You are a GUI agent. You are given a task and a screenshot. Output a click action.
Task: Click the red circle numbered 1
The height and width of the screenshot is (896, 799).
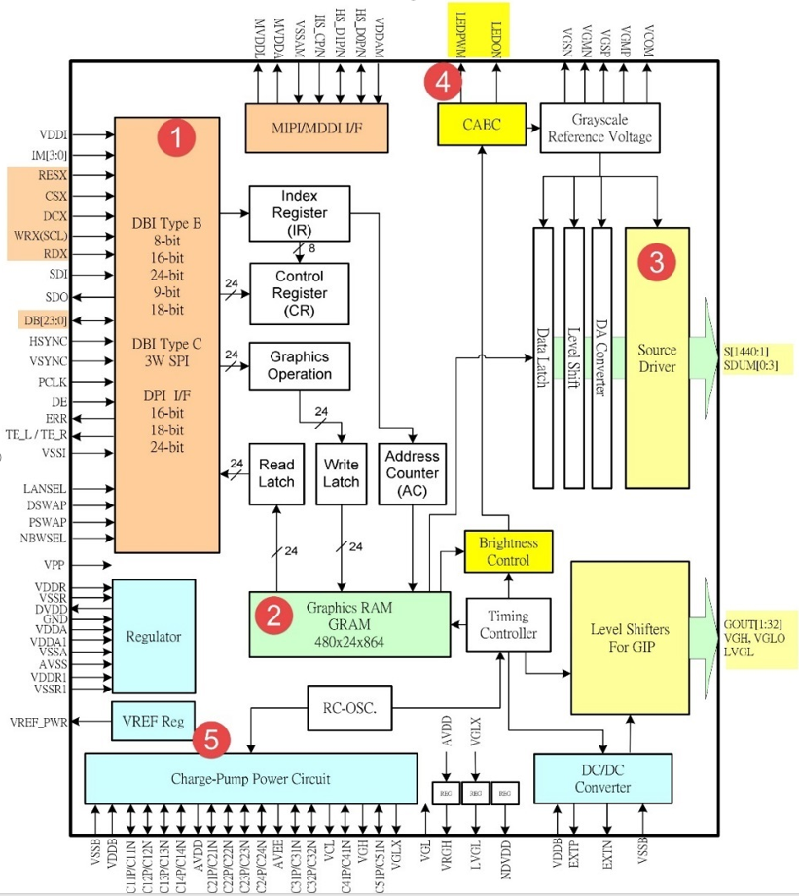click(175, 137)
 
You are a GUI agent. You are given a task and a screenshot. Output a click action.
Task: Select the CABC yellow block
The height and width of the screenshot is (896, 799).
click(482, 125)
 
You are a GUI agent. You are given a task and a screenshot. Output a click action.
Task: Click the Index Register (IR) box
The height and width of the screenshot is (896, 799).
click(299, 212)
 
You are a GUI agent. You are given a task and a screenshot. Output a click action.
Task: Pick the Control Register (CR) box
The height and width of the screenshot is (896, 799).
click(299, 293)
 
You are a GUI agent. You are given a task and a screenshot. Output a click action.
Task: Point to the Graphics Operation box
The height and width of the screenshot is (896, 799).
click(299, 365)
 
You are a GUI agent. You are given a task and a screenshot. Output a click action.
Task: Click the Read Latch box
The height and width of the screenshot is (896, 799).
click(276, 473)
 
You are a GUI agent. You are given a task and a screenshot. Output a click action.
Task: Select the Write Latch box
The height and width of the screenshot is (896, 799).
click(341, 473)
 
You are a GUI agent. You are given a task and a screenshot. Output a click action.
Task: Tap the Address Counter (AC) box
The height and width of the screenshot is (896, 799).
click(412, 473)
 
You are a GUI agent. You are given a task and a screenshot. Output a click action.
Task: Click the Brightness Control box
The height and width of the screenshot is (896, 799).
click(508, 551)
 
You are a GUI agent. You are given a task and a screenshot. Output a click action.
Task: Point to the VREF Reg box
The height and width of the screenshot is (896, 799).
click(153, 722)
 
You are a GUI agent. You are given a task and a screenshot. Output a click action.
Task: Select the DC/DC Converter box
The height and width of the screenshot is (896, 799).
click(601, 779)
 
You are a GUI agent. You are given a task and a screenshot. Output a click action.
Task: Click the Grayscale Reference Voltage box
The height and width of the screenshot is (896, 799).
click(599, 127)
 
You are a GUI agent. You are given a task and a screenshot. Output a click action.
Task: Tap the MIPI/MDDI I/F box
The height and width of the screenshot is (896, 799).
click(316, 127)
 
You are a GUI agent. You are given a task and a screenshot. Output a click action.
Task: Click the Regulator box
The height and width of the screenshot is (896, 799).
click(154, 636)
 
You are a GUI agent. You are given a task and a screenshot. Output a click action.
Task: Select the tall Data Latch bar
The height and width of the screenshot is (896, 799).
click(543, 357)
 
